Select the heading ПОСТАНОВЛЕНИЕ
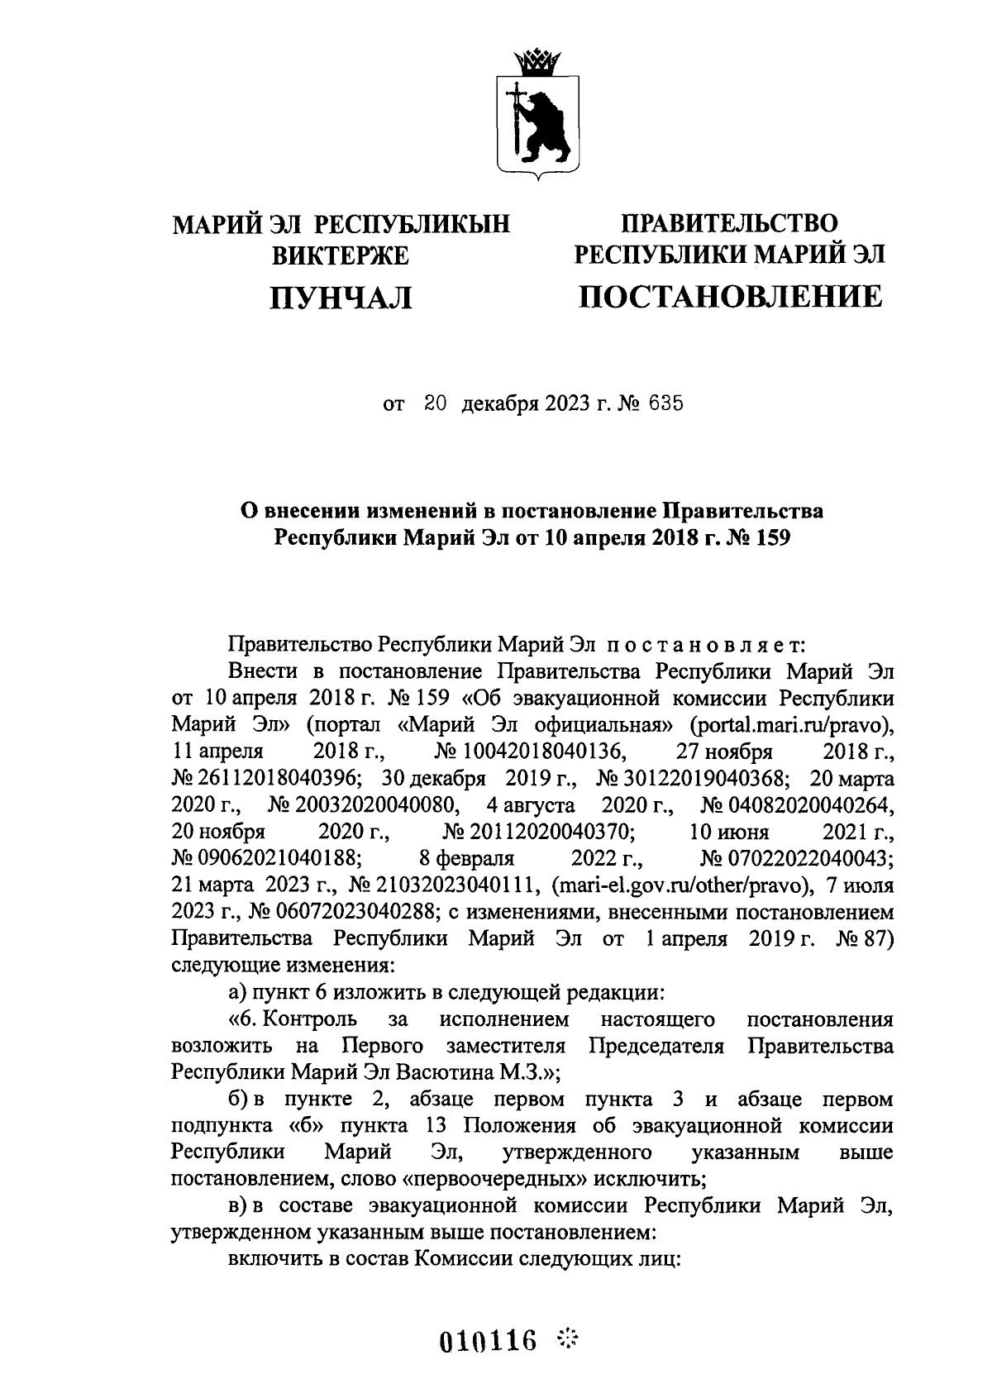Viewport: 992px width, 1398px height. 730,296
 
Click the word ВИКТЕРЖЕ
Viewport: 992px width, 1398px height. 341,255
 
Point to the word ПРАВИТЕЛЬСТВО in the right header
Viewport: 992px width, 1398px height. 730,222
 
